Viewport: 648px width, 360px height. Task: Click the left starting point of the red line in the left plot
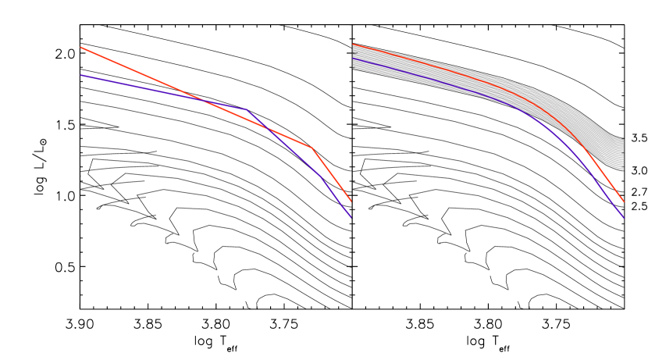pos(80,48)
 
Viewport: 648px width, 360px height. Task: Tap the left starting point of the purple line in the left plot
pos(81,76)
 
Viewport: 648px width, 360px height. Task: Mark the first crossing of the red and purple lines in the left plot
pos(205,101)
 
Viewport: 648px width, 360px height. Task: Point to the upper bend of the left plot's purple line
pos(246,109)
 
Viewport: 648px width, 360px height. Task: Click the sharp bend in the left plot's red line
pos(312,148)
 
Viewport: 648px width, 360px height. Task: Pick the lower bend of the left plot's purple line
pos(321,175)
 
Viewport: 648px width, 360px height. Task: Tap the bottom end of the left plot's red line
pos(351,201)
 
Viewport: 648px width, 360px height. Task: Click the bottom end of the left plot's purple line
pos(351,217)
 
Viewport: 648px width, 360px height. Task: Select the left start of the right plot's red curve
pos(353,45)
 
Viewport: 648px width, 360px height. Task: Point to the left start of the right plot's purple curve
pos(353,59)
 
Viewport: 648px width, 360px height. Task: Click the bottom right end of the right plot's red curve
pos(624,201)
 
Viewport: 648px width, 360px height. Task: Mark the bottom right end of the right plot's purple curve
pos(624,217)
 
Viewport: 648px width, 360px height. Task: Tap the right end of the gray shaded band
pos(622,153)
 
